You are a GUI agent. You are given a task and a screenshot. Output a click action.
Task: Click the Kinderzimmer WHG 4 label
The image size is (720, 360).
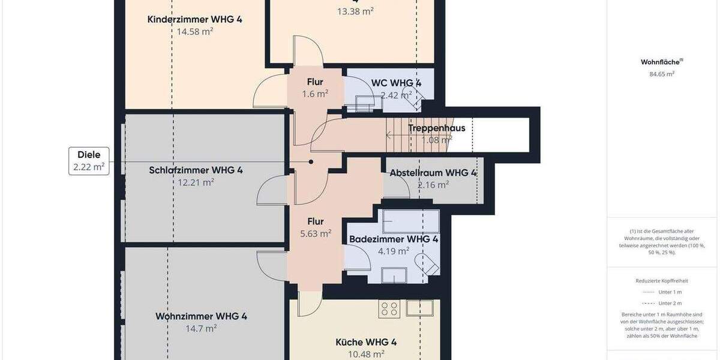195,19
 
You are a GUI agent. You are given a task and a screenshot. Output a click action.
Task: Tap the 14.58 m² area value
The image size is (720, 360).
195,32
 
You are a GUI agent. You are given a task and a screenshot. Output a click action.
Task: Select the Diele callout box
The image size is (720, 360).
89,161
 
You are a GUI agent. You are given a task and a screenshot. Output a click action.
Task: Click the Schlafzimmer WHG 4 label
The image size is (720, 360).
196,170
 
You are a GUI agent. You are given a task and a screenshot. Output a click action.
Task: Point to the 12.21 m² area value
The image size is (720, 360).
196,182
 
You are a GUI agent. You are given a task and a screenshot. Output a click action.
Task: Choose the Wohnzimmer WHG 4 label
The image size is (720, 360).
201,316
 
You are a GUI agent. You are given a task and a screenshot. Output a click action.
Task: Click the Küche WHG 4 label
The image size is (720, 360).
366,342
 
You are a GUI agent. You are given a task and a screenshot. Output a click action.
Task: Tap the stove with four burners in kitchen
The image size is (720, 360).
389,308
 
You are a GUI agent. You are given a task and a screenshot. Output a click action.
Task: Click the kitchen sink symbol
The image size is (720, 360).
419,308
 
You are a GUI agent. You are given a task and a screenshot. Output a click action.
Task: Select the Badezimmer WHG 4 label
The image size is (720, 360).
394,238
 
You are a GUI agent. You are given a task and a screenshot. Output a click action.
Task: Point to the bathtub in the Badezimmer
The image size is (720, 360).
411,221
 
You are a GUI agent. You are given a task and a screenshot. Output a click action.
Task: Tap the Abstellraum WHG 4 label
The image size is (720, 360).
433,173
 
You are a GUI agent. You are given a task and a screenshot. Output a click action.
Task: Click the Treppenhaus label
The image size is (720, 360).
436,128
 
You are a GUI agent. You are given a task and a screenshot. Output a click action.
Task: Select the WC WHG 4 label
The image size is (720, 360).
396,83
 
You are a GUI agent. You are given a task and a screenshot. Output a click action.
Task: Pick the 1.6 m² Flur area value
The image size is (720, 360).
315,94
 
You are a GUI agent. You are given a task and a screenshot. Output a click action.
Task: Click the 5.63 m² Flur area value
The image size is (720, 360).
316,233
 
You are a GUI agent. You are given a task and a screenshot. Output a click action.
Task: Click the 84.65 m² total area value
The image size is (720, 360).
662,74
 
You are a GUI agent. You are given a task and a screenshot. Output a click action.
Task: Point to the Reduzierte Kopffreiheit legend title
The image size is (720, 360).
662,280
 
